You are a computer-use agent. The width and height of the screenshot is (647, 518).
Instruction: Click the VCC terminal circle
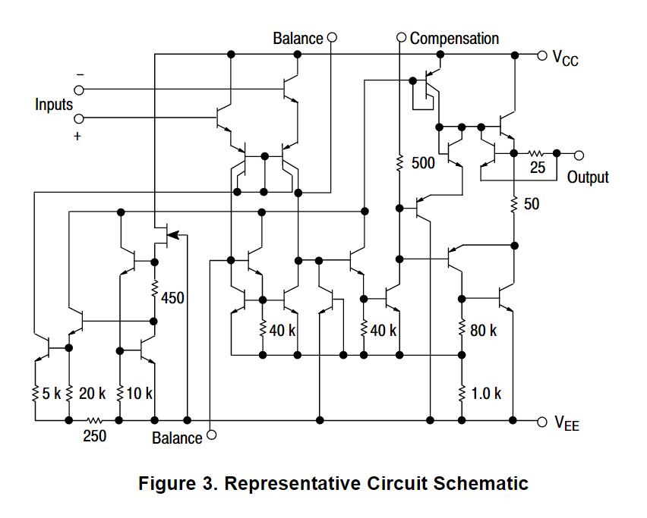[x=541, y=55]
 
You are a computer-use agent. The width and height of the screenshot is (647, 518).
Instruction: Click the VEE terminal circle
[x=541, y=422]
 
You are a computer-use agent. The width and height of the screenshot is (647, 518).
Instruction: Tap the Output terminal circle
[x=579, y=155]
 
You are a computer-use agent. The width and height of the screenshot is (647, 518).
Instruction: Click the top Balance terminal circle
[x=331, y=38]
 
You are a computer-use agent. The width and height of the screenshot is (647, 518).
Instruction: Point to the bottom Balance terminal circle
[x=211, y=435]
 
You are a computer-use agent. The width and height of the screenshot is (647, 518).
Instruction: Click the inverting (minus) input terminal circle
[x=78, y=89]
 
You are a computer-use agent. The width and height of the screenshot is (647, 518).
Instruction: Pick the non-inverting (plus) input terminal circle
[x=78, y=118]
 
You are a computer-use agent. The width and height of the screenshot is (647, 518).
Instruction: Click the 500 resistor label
[x=423, y=163]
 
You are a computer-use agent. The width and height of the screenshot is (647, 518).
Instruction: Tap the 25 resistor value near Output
[x=538, y=168]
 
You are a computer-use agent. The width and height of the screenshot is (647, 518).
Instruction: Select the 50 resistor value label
[x=532, y=204]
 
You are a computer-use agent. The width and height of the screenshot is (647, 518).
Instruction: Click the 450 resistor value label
[x=173, y=299]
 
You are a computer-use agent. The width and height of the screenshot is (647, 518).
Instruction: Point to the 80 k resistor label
[x=484, y=331]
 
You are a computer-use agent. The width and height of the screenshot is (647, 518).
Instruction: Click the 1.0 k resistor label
[x=487, y=394]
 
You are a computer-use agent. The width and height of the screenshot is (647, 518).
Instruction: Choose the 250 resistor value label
[x=94, y=436]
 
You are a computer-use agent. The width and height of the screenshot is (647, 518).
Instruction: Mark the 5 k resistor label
[x=51, y=394]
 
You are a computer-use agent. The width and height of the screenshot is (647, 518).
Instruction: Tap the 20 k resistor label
[x=92, y=394]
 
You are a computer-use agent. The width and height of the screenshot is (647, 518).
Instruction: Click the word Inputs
[x=54, y=105]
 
